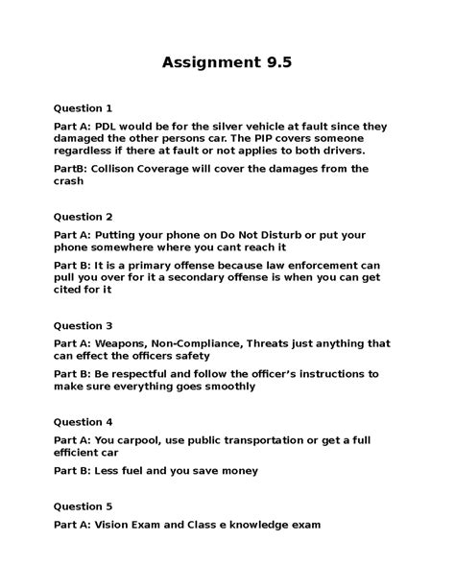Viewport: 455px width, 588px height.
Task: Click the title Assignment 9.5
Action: click(227, 63)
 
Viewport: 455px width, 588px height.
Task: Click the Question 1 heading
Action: click(84, 107)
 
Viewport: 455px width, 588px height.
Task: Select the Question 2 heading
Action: click(84, 217)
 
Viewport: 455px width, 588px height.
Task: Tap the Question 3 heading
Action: click(84, 325)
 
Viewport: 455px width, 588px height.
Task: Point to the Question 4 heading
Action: click(84, 421)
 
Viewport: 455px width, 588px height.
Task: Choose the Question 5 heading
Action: click(84, 506)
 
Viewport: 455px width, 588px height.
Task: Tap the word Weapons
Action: click(124, 343)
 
